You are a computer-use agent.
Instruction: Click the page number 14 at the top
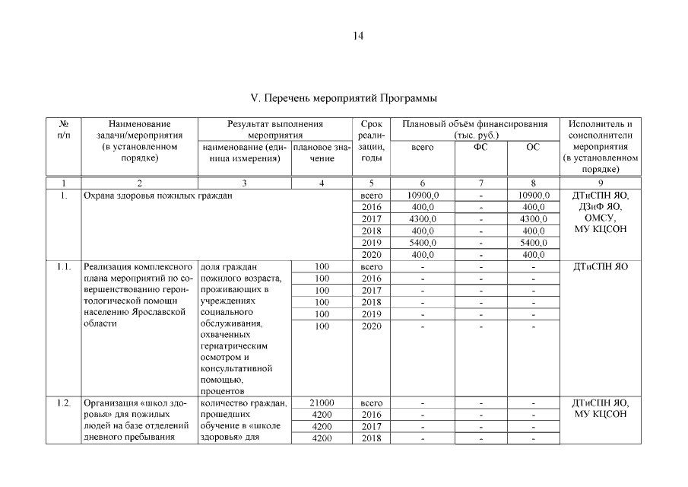click(358, 35)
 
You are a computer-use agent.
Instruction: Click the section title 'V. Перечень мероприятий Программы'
click(344, 99)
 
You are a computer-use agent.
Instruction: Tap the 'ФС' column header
click(480, 147)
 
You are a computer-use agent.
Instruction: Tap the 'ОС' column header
click(532, 147)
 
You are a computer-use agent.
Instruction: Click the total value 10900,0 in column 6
click(423, 196)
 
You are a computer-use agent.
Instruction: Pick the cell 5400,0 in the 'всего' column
click(423, 242)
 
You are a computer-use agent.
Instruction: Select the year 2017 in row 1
click(372, 219)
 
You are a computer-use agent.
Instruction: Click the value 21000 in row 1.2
click(322, 403)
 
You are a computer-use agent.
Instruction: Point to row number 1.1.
click(64, 266)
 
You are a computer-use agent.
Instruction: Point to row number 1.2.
click(64, 403)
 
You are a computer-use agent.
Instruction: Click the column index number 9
click(600, 183)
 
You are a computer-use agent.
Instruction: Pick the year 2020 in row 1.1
click(372, 326)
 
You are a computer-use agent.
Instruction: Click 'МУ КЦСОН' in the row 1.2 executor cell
click(600, 414)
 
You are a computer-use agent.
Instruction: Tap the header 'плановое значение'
click(322, 152)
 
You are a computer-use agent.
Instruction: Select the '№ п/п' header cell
click(64, 129)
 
